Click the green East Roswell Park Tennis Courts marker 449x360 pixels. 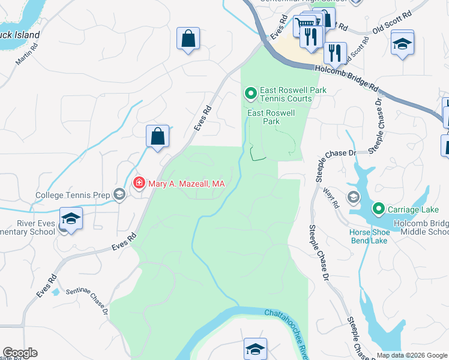click(250, 94)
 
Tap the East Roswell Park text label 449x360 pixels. click(271, 116)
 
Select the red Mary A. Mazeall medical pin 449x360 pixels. click(139, 182)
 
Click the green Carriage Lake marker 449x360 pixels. click(378, 209)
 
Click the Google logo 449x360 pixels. click(19, 353)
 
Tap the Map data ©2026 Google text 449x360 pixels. click(412, 355)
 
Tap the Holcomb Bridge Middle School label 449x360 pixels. click(420, 227)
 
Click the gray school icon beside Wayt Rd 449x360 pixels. click(354, 196)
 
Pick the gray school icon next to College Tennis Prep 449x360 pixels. click(119, 194)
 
